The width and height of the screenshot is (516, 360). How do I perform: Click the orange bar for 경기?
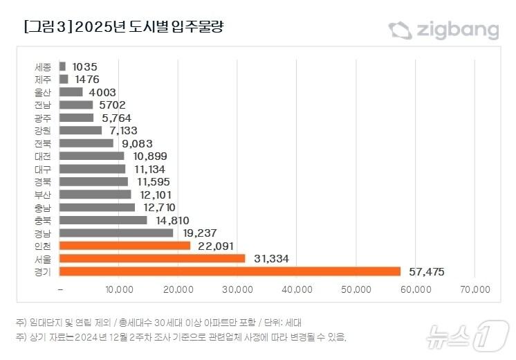click(230, 271)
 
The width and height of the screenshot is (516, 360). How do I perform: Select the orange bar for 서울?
click(152, 258)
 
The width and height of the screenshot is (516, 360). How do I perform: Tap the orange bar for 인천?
click(125, 246)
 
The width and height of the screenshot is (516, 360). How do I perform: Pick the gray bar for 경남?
click(116, 233)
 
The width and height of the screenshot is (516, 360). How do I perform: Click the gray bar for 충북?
click(103, 220)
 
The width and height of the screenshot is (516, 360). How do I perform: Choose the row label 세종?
click(42, 67)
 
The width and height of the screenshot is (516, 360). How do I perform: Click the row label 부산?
click(42, 195)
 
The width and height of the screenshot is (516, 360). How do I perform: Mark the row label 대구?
click(42, 169)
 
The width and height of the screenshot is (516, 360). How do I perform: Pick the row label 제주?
click(42, 80)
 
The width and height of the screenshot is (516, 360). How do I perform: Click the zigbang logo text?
click(457, 30)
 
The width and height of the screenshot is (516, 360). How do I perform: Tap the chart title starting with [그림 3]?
click(125, 28)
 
